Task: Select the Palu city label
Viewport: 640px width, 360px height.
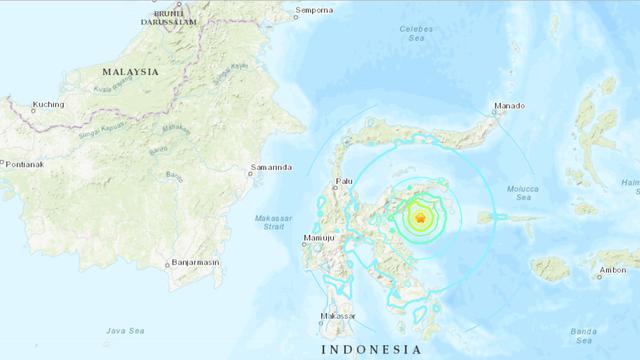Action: (344, 181)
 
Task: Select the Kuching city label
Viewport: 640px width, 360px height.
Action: (48, 104)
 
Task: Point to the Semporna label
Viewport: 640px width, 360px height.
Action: (314, 12)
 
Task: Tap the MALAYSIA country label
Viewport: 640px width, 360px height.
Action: (130, 72)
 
